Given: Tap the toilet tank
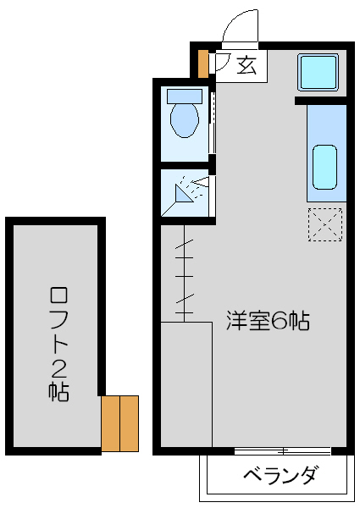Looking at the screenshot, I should click(185, 94).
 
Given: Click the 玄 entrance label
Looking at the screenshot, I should click(246, 63).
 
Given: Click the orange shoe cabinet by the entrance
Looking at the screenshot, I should click(202, 63).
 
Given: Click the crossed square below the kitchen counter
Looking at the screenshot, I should click(325, 224).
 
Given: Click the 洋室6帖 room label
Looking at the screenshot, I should click(266, 321).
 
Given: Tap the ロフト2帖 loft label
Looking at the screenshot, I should click(58, 343).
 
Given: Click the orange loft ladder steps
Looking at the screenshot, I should click(119, 422).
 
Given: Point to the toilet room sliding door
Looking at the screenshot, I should click(212, 123).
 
